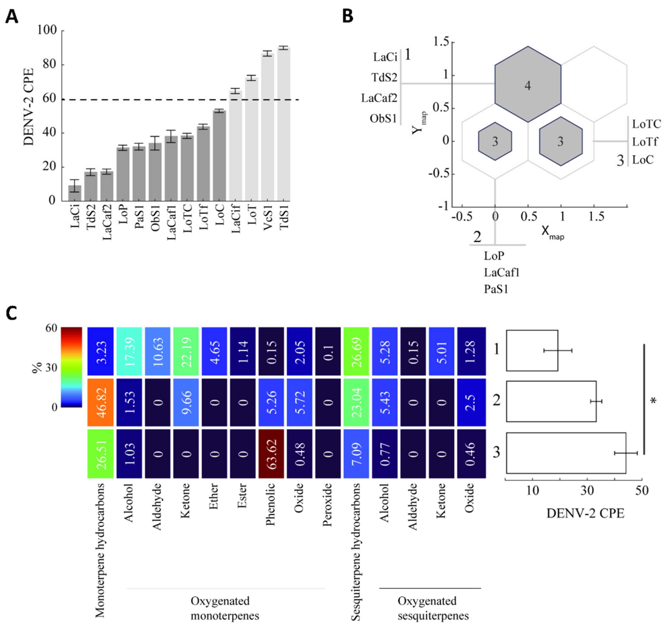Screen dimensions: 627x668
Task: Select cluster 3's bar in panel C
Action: (x=566, y=453)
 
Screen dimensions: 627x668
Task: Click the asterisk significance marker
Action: (x=653, y=401)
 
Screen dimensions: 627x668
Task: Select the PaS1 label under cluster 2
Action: (x=496, y=289)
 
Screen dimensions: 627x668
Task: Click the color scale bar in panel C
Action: (x=71, y=367)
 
